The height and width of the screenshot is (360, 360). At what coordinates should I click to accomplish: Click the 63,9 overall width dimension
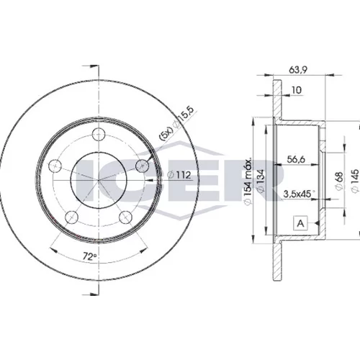click(x=298, y=70)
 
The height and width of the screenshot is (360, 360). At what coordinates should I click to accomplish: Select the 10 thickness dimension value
click(x=297, y=90)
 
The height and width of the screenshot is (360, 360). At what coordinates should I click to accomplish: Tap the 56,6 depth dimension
click(x=296, y=159)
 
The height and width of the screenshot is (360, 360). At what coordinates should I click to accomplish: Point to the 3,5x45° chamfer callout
click(x=299, y=194)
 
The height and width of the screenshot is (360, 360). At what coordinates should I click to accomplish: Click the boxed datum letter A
click(x=300, y=223)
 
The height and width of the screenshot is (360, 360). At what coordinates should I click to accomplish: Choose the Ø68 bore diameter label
click(x=340, y=181)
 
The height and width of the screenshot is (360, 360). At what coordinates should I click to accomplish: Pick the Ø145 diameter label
click(x=355, y=181)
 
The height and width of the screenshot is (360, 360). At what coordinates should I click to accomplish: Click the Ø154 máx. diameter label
click(x=248, y=181)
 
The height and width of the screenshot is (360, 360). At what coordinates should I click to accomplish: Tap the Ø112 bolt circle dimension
click(x=179, y=175)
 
